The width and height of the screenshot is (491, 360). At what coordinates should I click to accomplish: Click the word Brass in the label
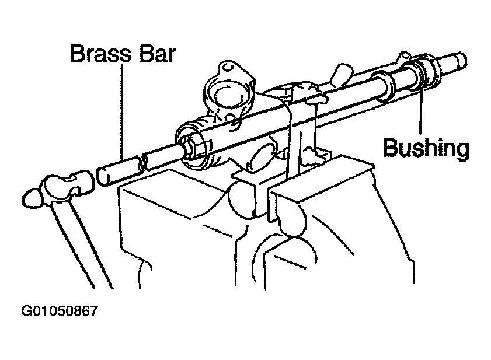[x=100, y=54]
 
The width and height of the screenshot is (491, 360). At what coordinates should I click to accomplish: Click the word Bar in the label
[x=157, y=54]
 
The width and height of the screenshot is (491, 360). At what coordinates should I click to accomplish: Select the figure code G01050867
[x=60, y=311]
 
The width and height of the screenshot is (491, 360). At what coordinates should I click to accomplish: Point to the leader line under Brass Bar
[x=122, y=112]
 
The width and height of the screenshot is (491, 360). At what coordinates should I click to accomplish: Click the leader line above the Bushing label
[x=420, y=110]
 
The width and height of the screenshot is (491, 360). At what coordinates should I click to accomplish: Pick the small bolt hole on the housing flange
[x=228, y=67]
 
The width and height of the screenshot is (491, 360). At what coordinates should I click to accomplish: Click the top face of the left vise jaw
[x=175, y=194]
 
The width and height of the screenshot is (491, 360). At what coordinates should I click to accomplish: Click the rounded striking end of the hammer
[x=32, y=198]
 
